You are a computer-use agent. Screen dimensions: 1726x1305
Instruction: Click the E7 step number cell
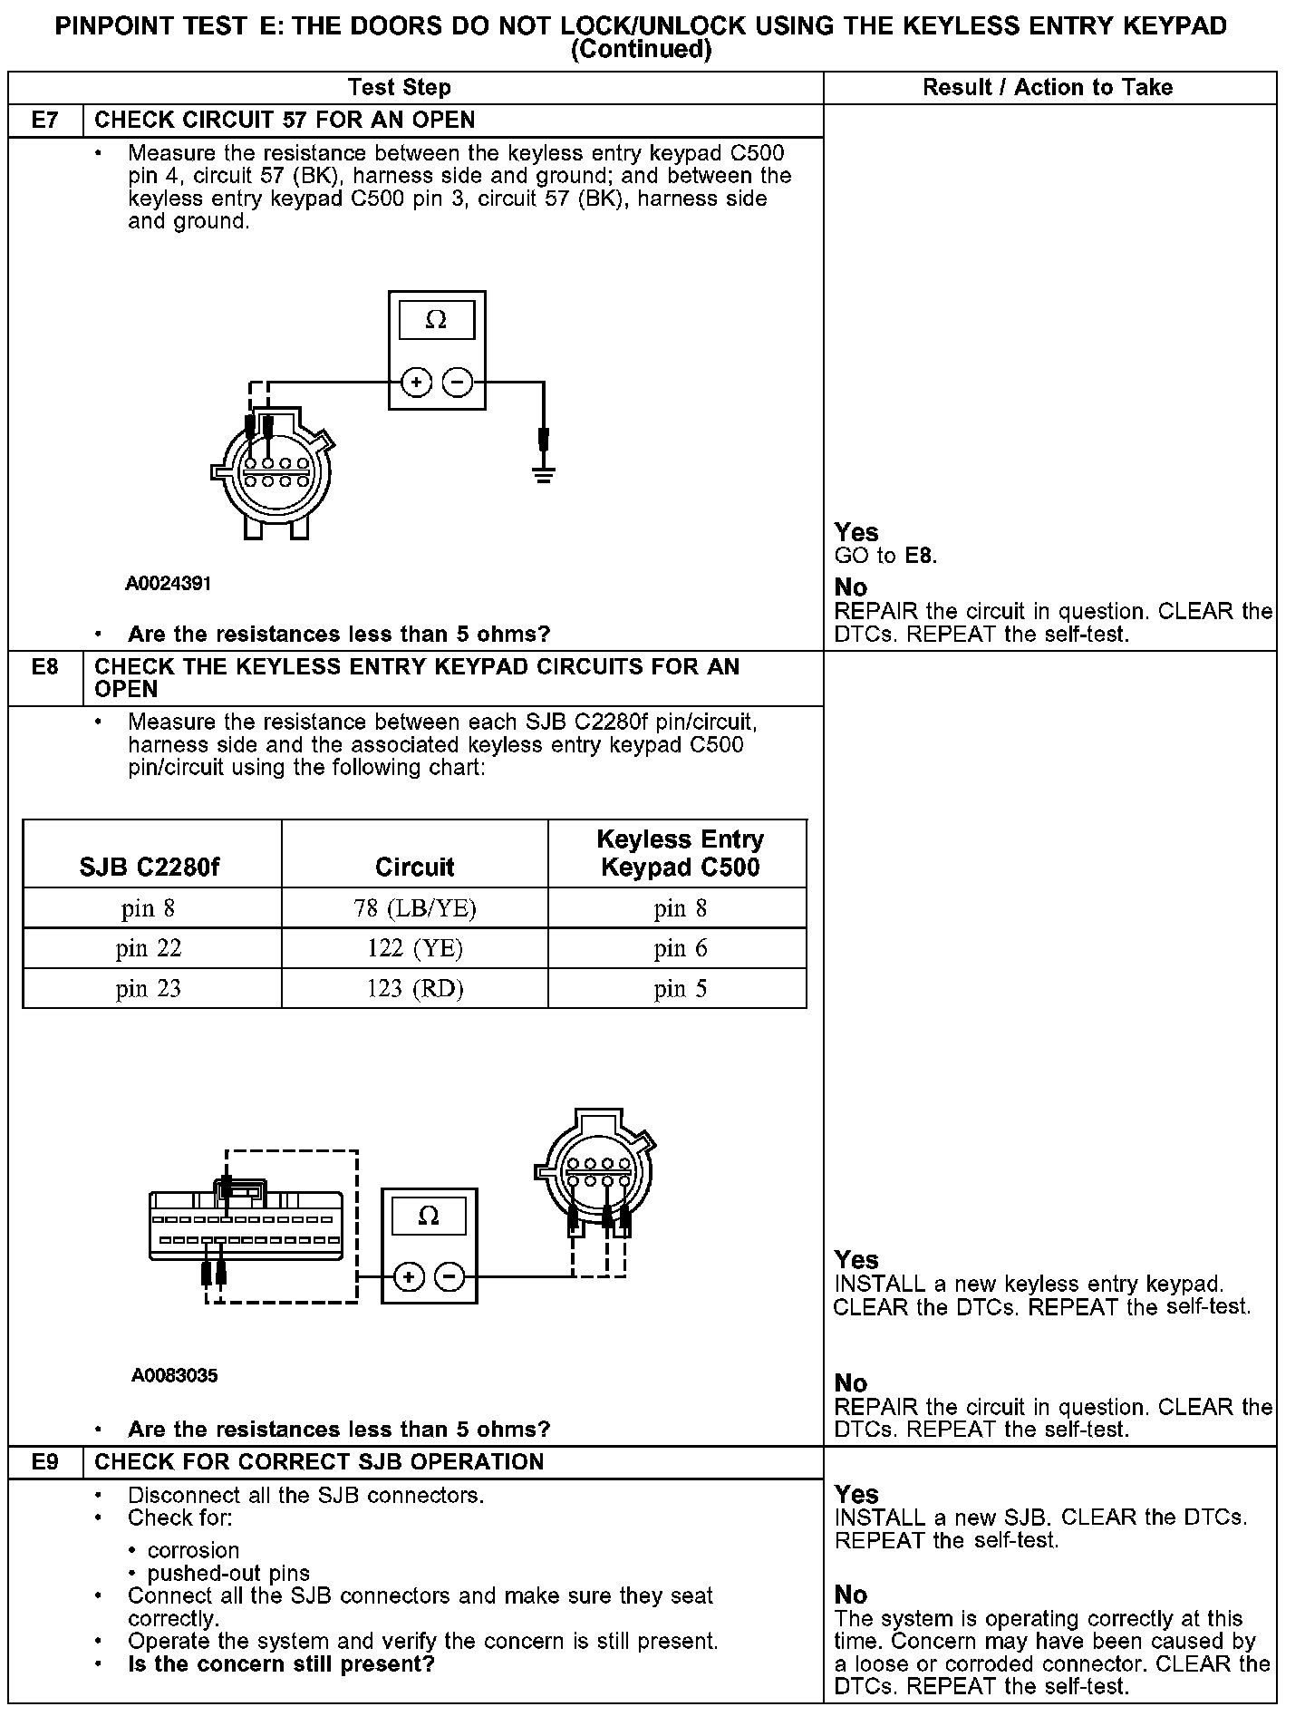click(44, 121)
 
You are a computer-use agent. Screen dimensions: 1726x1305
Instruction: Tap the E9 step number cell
click(44, 1462)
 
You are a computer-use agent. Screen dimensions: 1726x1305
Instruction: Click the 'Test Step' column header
click(400, 88)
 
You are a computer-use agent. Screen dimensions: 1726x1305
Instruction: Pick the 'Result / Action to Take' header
click(1048, 88)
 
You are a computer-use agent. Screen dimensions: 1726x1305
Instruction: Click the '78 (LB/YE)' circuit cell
click(414, 909)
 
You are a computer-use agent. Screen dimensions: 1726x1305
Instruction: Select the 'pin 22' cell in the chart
click(149, 949)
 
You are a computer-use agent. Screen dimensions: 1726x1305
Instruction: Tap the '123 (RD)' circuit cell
click(414, 989)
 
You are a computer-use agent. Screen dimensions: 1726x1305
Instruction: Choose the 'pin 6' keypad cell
click(680, 949)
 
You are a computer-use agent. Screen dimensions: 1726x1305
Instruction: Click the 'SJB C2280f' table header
click(149, 868)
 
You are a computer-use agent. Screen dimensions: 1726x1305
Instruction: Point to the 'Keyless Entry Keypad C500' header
click(680, 853)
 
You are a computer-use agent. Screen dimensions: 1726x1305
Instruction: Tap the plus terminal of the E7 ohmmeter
click(416, 383)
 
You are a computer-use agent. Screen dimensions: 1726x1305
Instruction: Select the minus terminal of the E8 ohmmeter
click(450, 1278)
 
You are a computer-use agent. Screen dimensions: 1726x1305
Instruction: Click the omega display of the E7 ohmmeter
click(436, 321)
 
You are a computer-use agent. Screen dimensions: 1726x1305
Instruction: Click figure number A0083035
click(174, 1376)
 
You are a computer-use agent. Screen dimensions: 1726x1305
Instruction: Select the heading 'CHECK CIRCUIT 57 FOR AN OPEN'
click(285, 121)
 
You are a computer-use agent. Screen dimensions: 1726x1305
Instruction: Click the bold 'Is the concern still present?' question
click(281, 1664)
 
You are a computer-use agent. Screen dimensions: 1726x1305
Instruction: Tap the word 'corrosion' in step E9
click(193, 1550)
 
